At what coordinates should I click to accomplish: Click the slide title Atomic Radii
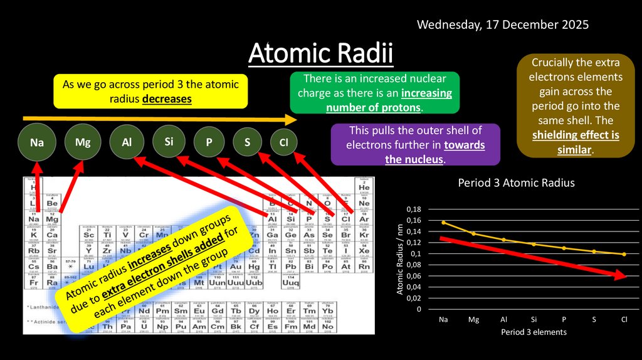click(x=320, y=55)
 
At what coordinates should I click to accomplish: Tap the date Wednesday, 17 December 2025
click(x=503, y=25)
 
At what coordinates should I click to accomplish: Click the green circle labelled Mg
click(x=83, y=142)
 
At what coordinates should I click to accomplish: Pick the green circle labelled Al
click(x=127, y=142)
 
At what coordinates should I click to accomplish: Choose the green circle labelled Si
click(x=169, y=142)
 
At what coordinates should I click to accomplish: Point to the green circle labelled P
click(x=209, y=143)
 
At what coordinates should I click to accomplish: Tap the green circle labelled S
click(x=248, y=143)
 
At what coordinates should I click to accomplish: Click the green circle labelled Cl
click(x=283, y=143)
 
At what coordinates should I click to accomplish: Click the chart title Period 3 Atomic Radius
click(x=516, y=183)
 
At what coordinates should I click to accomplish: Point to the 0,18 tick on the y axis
click(x=413, y=209)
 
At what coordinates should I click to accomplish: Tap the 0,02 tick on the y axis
click(x=413, y=299)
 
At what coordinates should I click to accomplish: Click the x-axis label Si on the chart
click(x=534, y=319)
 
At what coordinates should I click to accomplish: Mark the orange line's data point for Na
click(x=443, y=223)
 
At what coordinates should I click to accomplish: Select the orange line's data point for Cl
click(x=624, y=254)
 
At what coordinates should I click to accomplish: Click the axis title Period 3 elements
click(x=534, y=332)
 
